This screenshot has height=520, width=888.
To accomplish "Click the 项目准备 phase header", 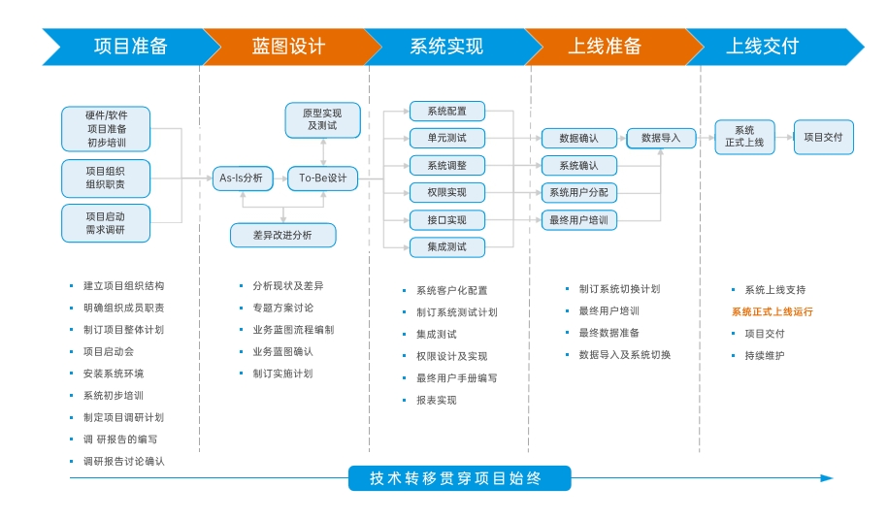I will [x=130, y=47].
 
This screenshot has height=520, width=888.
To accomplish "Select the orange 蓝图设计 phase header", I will [x=288, y=47].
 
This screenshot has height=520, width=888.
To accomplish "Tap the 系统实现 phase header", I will [x=446, y=47].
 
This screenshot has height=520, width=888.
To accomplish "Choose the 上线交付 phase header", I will [x=763, y=47].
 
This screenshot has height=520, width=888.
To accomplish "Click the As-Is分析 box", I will [x=241, y=178].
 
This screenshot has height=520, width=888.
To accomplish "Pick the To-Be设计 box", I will [x=322, y=178].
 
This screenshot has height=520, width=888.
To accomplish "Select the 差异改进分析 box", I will [x=282, y=235].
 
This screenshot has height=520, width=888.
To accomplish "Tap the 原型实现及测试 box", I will [x=322, y=119].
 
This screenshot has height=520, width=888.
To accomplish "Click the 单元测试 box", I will [x=446, y=138].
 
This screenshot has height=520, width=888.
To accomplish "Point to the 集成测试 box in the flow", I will [x=446, y=247].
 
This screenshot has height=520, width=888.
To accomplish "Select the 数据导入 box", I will [x=661, y=138].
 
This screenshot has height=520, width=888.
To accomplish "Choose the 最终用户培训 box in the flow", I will [x=578, y=220].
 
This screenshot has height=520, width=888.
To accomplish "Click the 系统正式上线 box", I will [x=744, y=137].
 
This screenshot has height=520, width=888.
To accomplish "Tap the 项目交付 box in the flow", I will [x=823, y=138].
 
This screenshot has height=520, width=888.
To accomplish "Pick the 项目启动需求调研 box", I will [x=105, y=223].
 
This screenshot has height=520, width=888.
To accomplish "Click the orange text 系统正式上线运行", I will [x=772, y=311].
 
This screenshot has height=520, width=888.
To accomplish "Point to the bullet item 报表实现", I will [x=436, y=400].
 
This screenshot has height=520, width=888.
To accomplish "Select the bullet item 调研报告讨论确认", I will [x=123, y=461].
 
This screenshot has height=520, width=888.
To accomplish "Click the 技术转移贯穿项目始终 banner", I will [x=459, y=478].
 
